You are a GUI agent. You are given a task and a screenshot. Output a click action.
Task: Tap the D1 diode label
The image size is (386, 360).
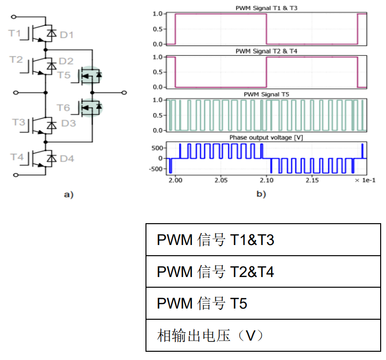tap(66, 35)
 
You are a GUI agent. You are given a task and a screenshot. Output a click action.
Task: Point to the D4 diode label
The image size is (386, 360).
tap(67, 158)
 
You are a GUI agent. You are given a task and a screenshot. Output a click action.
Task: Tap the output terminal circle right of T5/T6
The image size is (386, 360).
tap(124, 92)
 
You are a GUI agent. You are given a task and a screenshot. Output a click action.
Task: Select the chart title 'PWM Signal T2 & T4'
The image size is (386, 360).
tap(266, 51)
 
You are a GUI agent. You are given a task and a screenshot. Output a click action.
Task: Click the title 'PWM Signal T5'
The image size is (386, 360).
tap(266, 94)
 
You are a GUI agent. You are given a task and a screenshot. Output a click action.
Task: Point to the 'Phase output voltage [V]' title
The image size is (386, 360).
tap(266, 138)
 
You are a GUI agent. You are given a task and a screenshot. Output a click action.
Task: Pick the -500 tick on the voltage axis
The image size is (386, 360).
tap(156, 169)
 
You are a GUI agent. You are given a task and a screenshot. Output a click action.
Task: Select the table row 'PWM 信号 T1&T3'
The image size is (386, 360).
tap(263, 240)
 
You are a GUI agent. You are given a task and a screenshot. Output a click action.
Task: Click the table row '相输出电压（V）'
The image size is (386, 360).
tap(263, 335)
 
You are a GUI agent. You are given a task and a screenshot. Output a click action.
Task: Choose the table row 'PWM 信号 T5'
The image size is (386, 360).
tap(263, 304)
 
